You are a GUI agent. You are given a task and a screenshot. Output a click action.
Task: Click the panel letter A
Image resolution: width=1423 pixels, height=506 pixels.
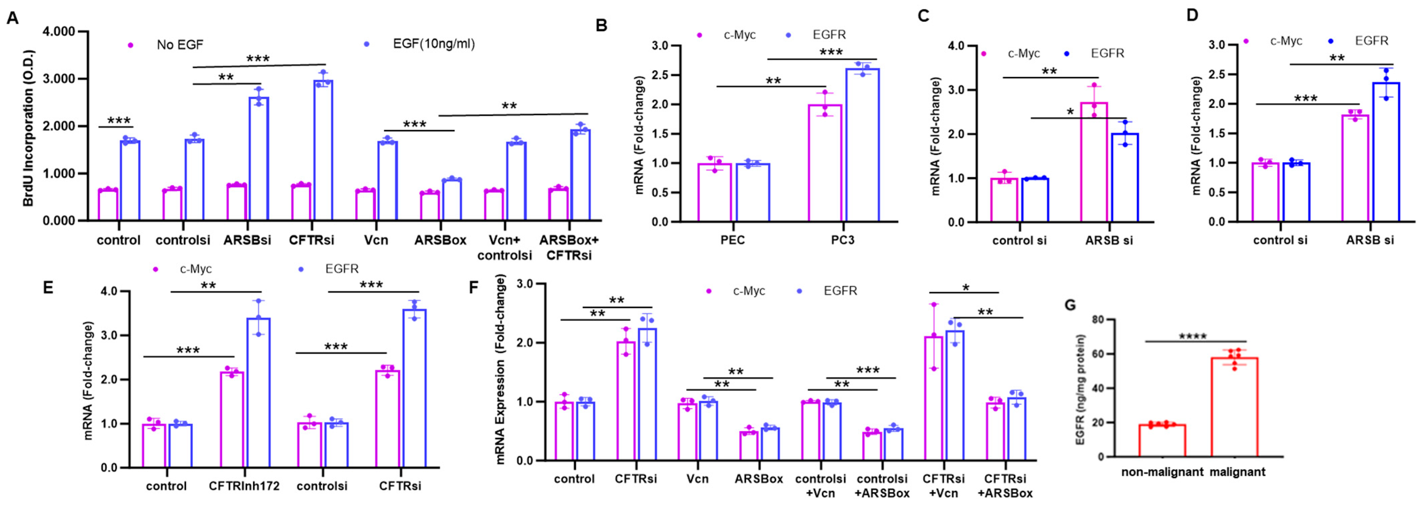(x=12, y=18)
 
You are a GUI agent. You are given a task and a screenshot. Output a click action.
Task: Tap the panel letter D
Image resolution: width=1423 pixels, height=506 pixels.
(x=1192, y=15)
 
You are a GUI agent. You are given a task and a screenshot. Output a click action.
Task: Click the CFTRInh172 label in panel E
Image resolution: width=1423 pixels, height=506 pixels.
(x=244, y=486)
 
